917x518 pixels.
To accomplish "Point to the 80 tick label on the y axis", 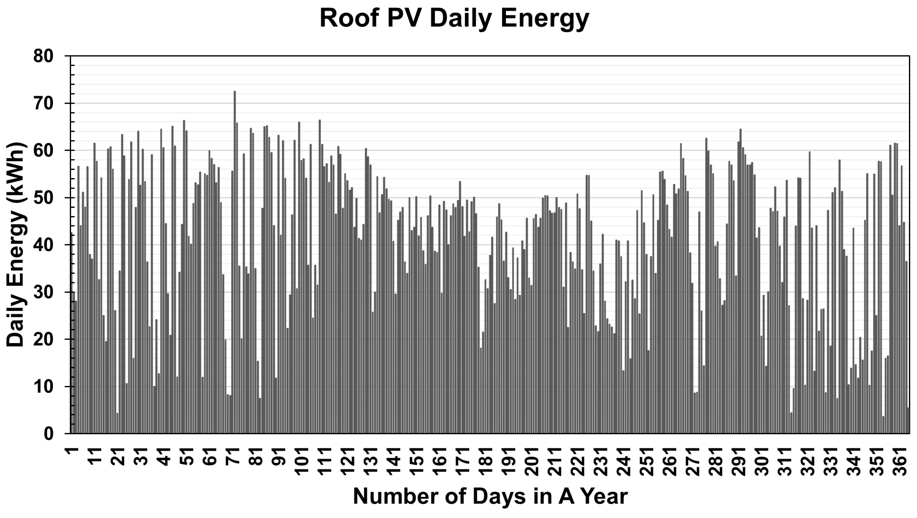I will (x=43, y=56).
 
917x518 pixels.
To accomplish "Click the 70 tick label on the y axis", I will (x=43, y=104).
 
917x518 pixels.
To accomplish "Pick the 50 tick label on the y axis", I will (x=43, y=198).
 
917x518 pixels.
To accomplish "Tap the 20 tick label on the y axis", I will (x=43, y=339).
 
